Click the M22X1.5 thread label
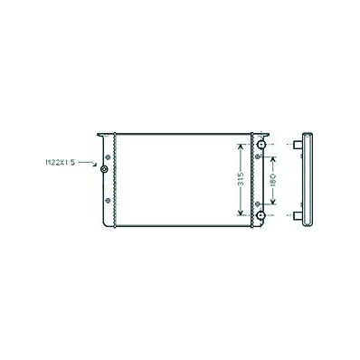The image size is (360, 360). click(x=60, y=163)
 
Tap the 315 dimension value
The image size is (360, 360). click(x=241, y=180)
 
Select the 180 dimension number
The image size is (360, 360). click(x=273, y=180)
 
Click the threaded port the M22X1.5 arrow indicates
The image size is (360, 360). click(x=104, y=169)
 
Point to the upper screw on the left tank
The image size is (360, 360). click(x=108, y=157)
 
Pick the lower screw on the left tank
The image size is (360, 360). click(x=108, y=200)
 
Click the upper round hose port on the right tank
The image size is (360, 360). click(x=261, y=145)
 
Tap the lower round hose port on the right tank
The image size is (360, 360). click(x=261, y=215)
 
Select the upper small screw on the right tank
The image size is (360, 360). click(x=257, y=156)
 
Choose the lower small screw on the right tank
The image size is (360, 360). click(x=257, y=204)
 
